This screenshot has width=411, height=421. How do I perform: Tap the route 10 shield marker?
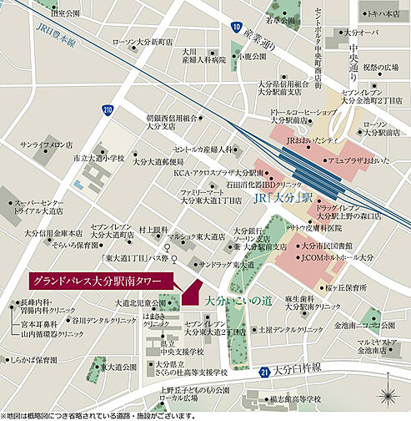237,28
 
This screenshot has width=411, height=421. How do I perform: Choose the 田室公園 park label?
63,13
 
